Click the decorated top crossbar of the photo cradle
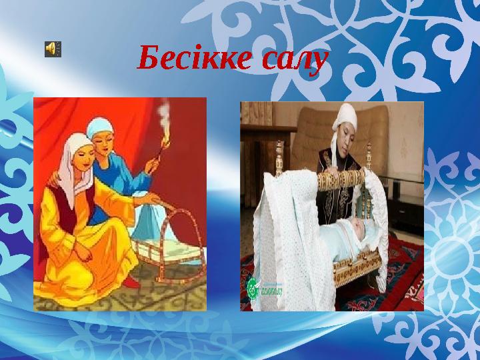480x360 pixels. pos(347,179)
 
